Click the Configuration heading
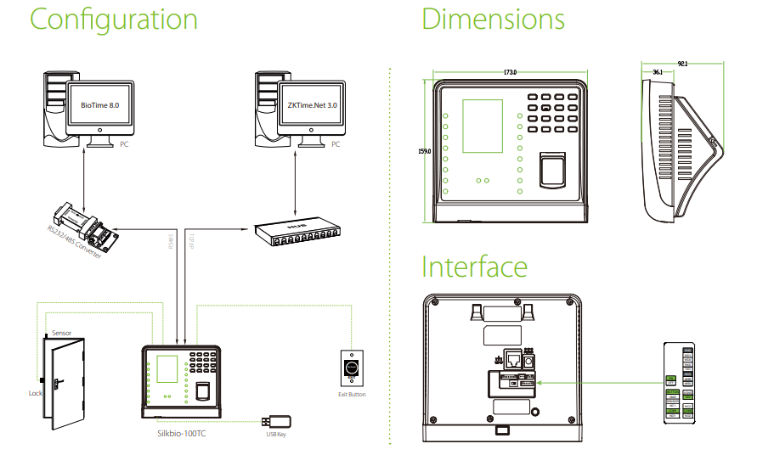click(113, 20)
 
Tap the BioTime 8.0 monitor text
click(100, 105)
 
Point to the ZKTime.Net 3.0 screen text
click(312, 105)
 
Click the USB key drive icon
click(278, 421)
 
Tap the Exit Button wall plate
click(351, 369)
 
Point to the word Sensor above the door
click(61, 334)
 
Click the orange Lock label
click(35, 394)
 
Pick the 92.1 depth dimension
click(681, 63)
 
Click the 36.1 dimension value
click(658, 73)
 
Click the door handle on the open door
click(56, 383)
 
